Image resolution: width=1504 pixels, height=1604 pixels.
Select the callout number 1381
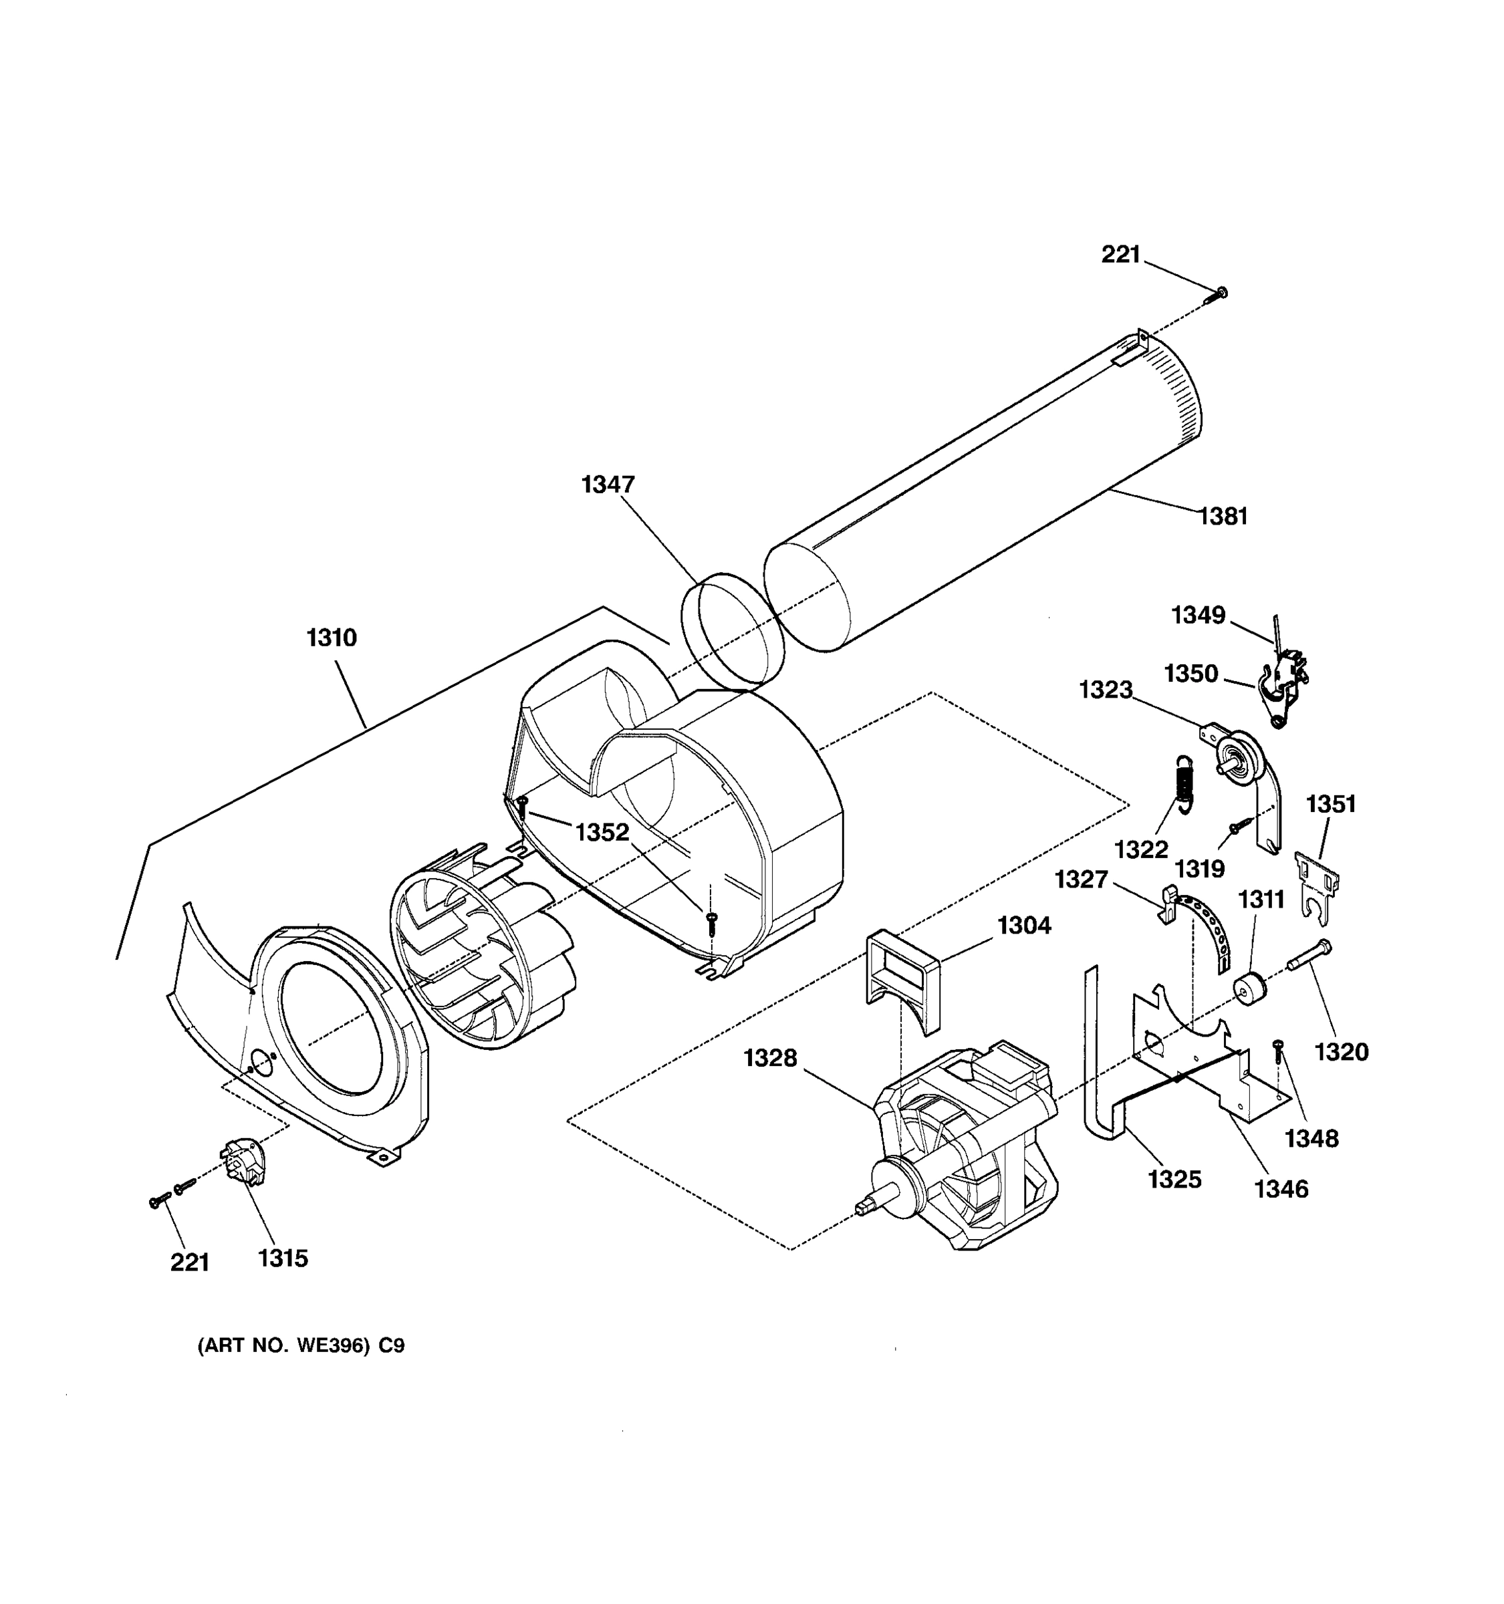(x=1223, y=517)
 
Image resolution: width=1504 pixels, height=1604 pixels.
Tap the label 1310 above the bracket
(x=331, y=638)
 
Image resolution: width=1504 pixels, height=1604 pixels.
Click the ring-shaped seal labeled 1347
(x=732, y=631)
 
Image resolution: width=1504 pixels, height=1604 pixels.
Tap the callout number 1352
(x=602, y=832)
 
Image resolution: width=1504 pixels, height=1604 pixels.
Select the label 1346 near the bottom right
(x=1281, y=1188)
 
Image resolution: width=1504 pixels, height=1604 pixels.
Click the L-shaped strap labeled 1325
(x=1098, y=1065)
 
